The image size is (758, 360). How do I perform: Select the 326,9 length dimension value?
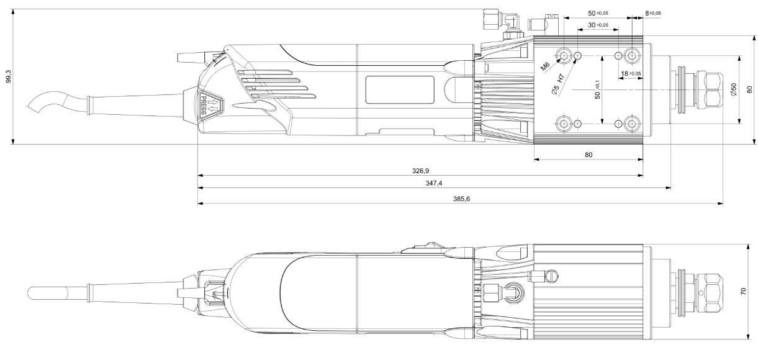(x=421, y=169)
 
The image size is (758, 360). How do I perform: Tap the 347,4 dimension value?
(x=433, y=183)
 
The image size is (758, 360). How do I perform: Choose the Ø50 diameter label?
(x=733, y=89)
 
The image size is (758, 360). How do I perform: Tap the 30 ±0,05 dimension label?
(x=598, y=25)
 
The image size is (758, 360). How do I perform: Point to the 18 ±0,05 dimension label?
(x=631, y=74)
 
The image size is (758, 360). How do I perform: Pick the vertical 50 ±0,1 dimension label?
(x=597, y=90)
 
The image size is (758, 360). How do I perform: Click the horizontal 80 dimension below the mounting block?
(x=588, y=154)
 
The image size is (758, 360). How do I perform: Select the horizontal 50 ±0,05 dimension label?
(x=598, y=12)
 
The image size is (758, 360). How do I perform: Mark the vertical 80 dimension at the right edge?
(x=750, y=89)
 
